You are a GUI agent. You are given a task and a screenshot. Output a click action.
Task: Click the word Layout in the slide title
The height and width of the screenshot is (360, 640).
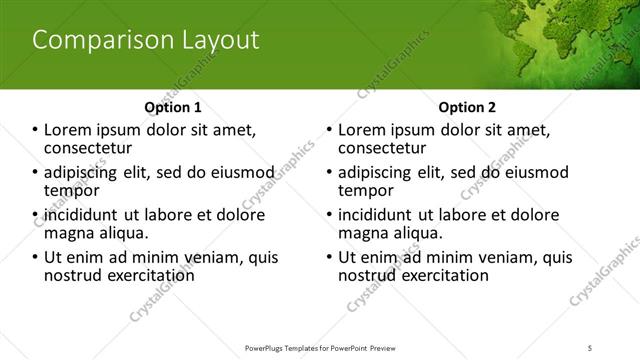tap(215, 41)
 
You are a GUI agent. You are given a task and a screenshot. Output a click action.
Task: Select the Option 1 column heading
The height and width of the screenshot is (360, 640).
tap(173, 107)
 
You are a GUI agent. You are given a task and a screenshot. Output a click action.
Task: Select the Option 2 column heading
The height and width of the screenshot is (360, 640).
tap(466, 107)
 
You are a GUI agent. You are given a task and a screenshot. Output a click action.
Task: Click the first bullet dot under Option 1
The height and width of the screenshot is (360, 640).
tap(35, 130)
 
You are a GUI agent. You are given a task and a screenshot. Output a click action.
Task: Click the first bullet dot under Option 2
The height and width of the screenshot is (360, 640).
tap(329, 130)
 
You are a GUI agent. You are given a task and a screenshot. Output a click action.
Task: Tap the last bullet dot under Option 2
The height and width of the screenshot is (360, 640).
tap(329, 257)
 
